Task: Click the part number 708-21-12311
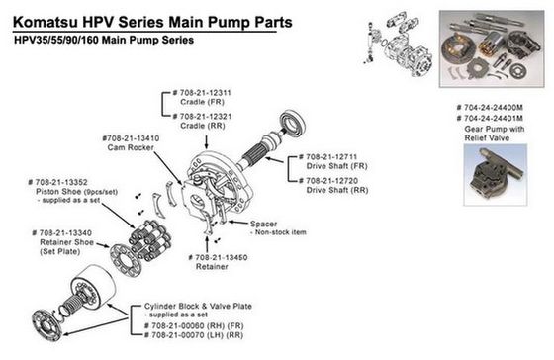[206, 93]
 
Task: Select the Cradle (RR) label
[203, 126]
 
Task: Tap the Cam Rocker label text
[131, 147]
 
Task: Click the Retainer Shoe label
[66, 242]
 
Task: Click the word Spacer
[263, 224]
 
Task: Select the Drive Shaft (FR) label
[336, 166]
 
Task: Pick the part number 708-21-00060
[177, 325]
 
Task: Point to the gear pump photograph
[496, 175]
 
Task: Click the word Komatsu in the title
[46, 22]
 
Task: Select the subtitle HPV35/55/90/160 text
[57, 40]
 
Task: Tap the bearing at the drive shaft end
[293, 124]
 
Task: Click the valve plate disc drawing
[46, 325]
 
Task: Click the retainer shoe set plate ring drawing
[125, 259]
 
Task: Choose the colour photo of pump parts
[492, 48]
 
